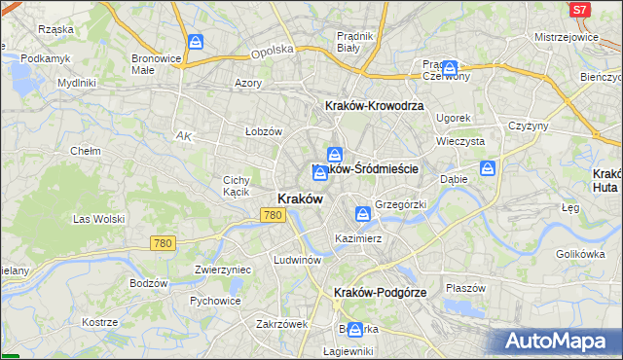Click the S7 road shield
click(x=580, y=10)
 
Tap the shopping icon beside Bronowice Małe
click(x=196, y=43)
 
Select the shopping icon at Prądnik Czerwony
click(x=450, y=69)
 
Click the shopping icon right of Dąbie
click(x=488, y=168)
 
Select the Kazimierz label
click(x=357, y=238)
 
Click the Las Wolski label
click(x=94, y=219)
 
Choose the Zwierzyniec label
click(x=223, y=270)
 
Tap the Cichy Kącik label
click(x=237, y=186)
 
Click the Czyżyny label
click(x=529, y=126)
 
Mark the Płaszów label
click(x=465, y=288)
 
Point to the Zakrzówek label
click(x=281, y=324)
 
